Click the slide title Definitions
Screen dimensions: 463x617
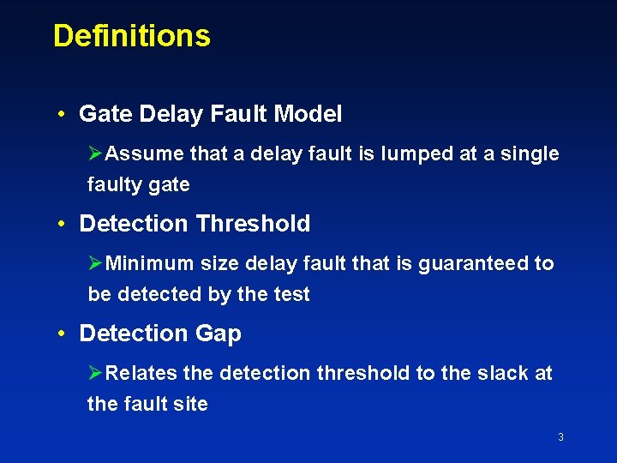(131, 36)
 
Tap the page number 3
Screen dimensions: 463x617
(560, 437)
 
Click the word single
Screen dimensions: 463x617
(527, 154)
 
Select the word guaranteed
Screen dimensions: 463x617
(474, 263)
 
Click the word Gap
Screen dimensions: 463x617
(219, 334)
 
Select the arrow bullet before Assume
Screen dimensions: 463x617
(96, 154)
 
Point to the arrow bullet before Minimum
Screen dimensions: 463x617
(96, 263)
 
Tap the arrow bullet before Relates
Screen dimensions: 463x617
(96, 373)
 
